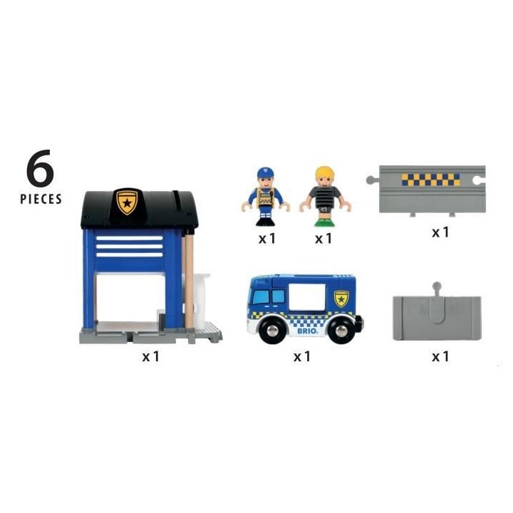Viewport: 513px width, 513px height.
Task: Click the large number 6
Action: click(40, 170)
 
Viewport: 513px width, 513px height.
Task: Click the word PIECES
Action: click(40, 199)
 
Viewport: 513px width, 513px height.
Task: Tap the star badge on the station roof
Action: click(128, 202)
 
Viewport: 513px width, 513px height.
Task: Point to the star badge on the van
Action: click(341, 298)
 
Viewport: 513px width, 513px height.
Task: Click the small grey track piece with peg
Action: click(437, 318)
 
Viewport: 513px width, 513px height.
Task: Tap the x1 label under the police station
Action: click(150, 356)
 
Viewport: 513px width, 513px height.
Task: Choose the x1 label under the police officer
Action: click(266, 239)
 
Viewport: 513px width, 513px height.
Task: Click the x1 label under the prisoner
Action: click(324, 239)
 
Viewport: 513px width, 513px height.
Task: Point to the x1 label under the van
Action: click(302, 356)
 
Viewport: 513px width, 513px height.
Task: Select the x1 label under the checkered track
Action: click(440, 232)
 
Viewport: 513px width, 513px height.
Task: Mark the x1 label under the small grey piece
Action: click(440, 356)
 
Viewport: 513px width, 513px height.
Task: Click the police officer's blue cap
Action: click(266, 173)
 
